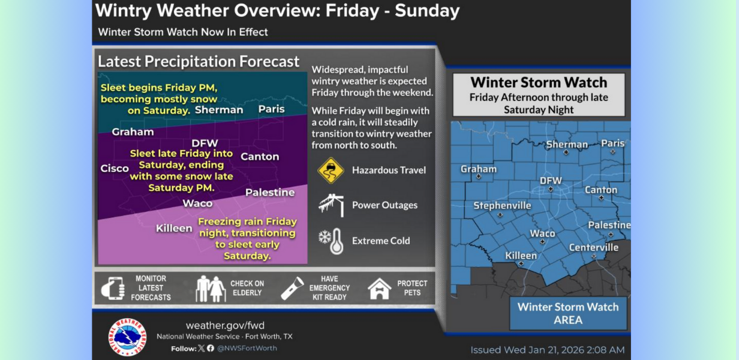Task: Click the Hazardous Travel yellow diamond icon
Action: [x=331, y=170]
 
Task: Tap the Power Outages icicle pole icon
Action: [x=331, y=205]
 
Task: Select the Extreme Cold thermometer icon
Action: [x=331, y=241]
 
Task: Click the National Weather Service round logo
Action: [x=127, y=337]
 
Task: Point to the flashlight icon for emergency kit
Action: [x=292, y=288]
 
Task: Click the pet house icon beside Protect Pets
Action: [x=379, y=289]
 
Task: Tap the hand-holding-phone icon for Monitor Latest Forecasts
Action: [x=113, y=288]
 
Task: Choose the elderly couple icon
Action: [x=211, y=289]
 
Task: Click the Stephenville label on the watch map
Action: [x=502, y=206]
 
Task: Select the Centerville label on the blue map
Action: [x=593, y=247]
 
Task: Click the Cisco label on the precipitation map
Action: [x=115, y=168]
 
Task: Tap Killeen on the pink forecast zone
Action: [x=174, y=228]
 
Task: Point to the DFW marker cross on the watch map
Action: [x=551, y=189]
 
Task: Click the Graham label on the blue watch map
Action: [x=479, y=169]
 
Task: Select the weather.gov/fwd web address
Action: [x=225, y=325]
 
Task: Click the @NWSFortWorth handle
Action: [x=247, y=348]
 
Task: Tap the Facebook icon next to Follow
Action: [x=211, y=348]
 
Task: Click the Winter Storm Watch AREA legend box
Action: [x=568, y=313]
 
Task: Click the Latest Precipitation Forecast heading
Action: [x=199, y=61]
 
